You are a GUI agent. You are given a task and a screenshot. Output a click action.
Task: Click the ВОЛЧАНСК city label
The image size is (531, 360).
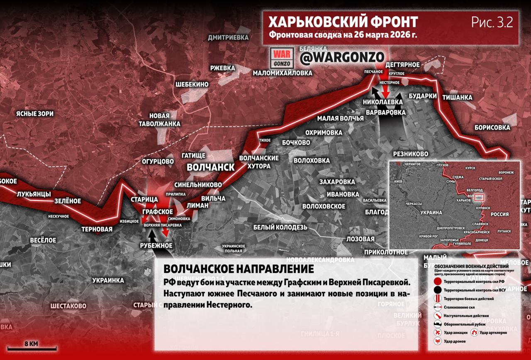pyautogui.click(x=211, y=167)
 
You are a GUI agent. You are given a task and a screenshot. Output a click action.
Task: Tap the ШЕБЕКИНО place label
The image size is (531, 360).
pyautogui.click(x=192, y=84)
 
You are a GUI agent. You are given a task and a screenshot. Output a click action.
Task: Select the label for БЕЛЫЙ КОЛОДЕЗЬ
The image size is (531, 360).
pyautogui.click(x=280, y=227)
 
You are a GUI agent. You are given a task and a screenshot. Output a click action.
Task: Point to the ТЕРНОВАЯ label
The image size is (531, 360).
pyautogui.click(x=97, y=229)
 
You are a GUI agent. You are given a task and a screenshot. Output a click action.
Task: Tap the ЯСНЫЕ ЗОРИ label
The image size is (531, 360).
pyautogui.click(x=34, y=113)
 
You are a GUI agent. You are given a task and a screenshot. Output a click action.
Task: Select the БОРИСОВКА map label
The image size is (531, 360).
pyautogui.click(x=492, y=127)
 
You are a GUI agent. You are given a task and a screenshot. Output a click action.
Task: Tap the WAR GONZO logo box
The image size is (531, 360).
pyautogui.click(x=282, y=58)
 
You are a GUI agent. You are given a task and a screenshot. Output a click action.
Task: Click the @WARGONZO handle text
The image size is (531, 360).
pyautogui.click(x=342, y=58)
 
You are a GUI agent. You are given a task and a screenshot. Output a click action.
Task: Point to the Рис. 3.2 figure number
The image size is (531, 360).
pyautogui.click(x=492, y=22)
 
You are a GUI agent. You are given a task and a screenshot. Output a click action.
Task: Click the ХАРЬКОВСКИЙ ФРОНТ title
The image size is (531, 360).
pyautogui.click(x=343, y=22)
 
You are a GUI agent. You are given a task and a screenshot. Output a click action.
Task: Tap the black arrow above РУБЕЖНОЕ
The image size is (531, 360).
pyautogui.click(x=153, y=235)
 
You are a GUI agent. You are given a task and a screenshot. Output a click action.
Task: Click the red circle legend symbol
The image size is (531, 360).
pyautogui.click(x=437, y=282)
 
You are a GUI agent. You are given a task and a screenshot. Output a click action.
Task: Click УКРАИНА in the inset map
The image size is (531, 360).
pyautogui.click(x=431, y=212)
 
